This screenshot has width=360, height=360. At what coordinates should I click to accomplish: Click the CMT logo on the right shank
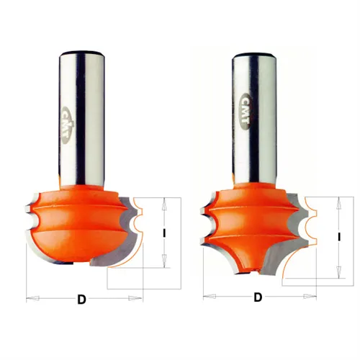pyautogui.click(x=246, y=112)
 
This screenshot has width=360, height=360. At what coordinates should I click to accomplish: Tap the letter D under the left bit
pyautogui.click(x=81, y=300)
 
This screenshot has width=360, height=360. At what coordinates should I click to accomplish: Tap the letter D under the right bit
pyautogui.click(x=258, y=297)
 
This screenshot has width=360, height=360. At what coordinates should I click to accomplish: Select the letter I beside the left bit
pyautogui.click(x=164, y=233)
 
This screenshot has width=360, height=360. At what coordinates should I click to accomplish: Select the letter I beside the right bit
pyautogui.click(x=339, y=237)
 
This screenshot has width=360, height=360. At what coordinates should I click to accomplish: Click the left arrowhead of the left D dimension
pyautogui.click(x=32, y=298)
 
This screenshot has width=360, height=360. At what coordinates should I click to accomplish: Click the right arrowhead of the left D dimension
pyautogui.click(x=135, y=298)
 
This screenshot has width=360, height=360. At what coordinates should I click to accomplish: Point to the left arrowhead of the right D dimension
pyautogui.click(x=210, y=297)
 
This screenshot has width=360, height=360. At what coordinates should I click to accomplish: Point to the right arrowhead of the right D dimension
pyautogui.click(x=310, y=297)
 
